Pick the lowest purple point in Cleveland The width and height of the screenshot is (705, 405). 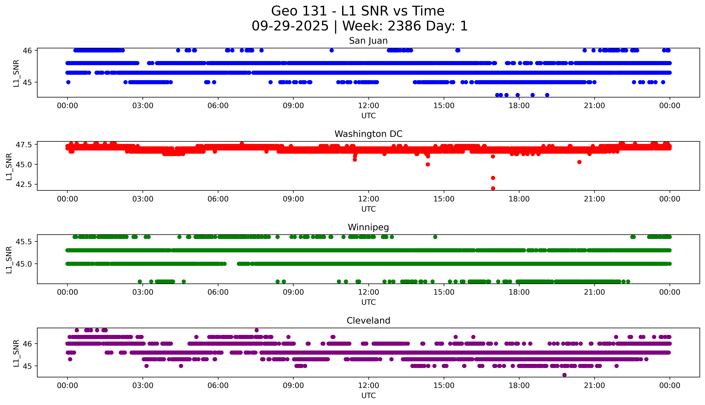[x=564, y=375]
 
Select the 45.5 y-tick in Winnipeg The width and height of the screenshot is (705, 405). [x=24, y=242]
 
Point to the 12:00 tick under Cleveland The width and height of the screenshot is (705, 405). [x=368, y=386]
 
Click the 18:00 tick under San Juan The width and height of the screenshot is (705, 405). [x=519, y=106]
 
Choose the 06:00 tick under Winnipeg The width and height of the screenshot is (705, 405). [x=218, y=292]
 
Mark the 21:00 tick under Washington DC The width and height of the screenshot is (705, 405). [x=594, y=199]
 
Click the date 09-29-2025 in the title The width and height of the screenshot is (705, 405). [x=290, y=26]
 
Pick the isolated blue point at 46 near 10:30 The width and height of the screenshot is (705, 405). [x=331, y=50]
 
